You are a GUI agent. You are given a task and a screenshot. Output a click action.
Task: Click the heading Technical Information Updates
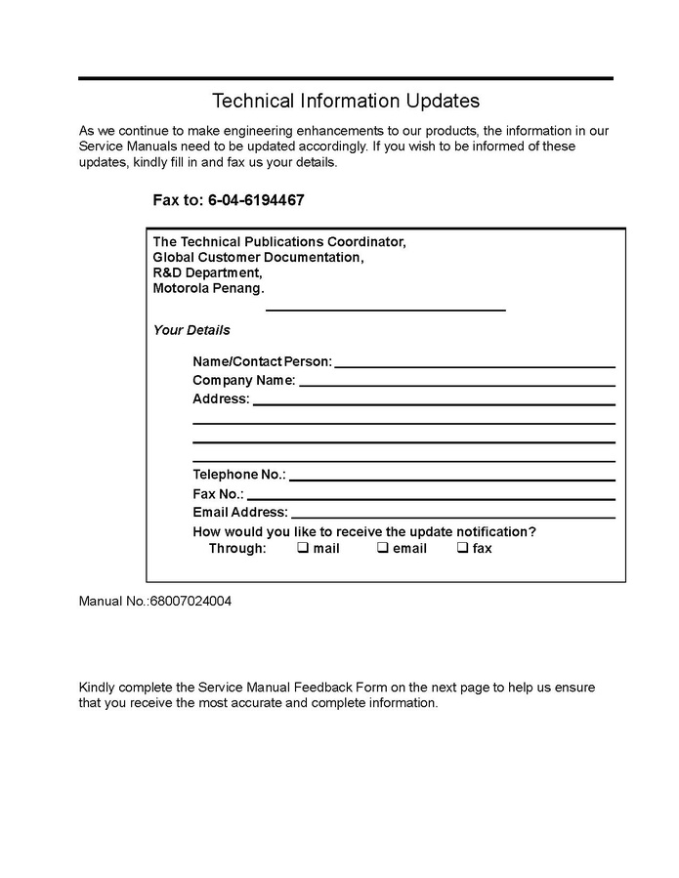(346, 101)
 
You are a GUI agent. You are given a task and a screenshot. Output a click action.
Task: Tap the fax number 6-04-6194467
(256, 200)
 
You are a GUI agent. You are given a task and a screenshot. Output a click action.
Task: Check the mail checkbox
(303, 548)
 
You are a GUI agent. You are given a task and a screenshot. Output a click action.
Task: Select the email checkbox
(383, 548)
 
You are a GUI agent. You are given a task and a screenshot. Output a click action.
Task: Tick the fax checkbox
(462, 548)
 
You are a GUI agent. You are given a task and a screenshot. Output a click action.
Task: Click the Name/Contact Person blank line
(475, 365)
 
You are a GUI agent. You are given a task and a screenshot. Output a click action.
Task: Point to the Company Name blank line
(456, 384)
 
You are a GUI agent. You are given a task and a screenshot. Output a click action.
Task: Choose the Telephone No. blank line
(451, 479)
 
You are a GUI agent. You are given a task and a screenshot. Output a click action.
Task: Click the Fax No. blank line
(431, 498)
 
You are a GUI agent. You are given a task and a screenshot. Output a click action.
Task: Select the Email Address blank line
(453, 516)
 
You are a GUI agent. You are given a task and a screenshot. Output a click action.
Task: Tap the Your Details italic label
(191, 330)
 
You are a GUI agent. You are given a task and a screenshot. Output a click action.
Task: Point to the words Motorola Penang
(208, 289)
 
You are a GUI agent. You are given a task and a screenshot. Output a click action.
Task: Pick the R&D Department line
(207, 273)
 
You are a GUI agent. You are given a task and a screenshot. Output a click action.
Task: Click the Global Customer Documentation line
(258, 258)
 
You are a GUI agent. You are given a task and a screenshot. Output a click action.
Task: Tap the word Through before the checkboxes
(237, 549)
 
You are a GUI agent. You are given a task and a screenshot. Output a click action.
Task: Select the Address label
(221, 399)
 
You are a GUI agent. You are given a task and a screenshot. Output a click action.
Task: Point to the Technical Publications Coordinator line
(278, 241)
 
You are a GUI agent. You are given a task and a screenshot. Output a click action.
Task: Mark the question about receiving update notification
(364, 532)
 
